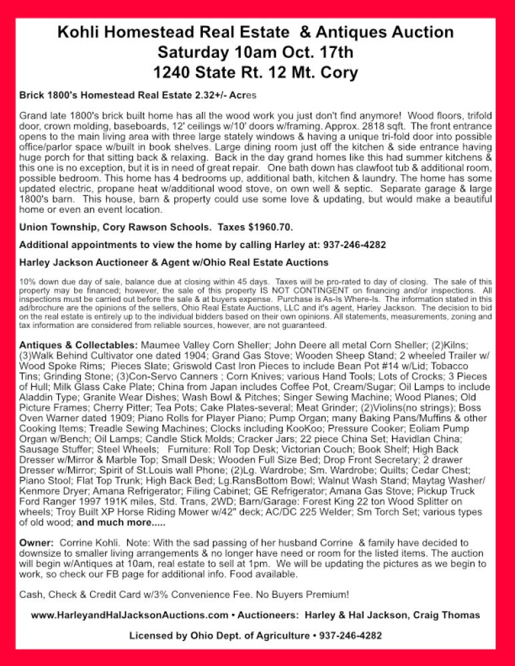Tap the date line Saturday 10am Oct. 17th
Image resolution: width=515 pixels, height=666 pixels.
(x=255, y=52)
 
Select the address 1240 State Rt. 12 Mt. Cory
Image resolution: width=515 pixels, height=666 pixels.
(x=255, y=72)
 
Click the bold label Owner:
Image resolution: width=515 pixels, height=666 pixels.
(x=37, y=543)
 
